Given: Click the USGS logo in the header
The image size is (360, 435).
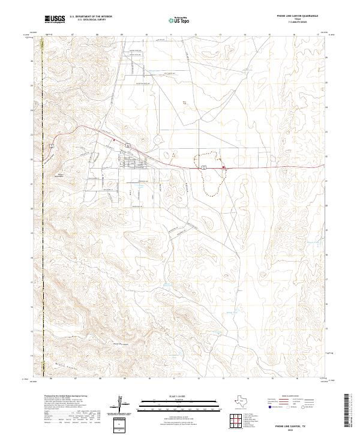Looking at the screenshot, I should tap(55, 19).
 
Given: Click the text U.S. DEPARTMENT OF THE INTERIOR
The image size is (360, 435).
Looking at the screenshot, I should tap(91, 17).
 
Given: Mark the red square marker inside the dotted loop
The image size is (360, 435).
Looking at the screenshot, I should tap(224, 167).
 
